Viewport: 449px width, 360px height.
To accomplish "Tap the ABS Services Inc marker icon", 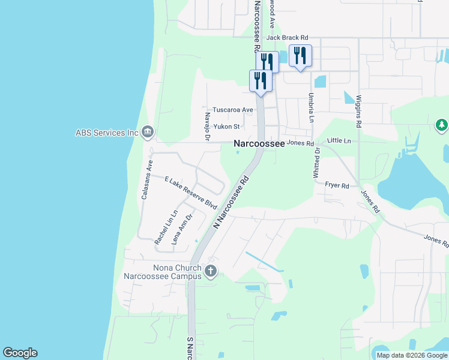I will click(x=148, y=132).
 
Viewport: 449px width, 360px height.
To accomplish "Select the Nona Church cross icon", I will click(x=210, y=271).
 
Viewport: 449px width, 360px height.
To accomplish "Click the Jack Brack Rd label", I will click(x=287, y=37).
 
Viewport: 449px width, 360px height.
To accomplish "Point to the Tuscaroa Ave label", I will click(x=234, y=110).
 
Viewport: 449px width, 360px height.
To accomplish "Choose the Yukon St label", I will click(x=227, y=127).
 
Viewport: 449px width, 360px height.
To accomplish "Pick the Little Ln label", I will click(x=339, y=140).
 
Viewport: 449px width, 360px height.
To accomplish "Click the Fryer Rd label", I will click(x=337, y=186).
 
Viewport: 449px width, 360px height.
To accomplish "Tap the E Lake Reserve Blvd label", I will click(x=190, y=192).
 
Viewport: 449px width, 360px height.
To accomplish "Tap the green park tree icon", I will click(x=441, y=125).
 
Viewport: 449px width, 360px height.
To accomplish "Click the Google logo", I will click(x=20, y=353).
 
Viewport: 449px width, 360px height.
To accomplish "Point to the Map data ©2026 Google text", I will click(x=411, y=355).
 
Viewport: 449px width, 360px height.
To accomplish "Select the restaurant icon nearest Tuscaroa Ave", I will click(x=261, y=80).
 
